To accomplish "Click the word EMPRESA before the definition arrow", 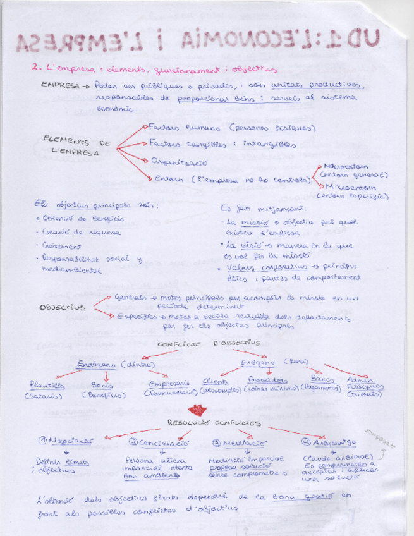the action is coord(58,84).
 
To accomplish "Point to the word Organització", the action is coord(178,161).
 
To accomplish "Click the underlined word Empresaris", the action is coord(169,384).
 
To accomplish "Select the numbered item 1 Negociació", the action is coord(65,441).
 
